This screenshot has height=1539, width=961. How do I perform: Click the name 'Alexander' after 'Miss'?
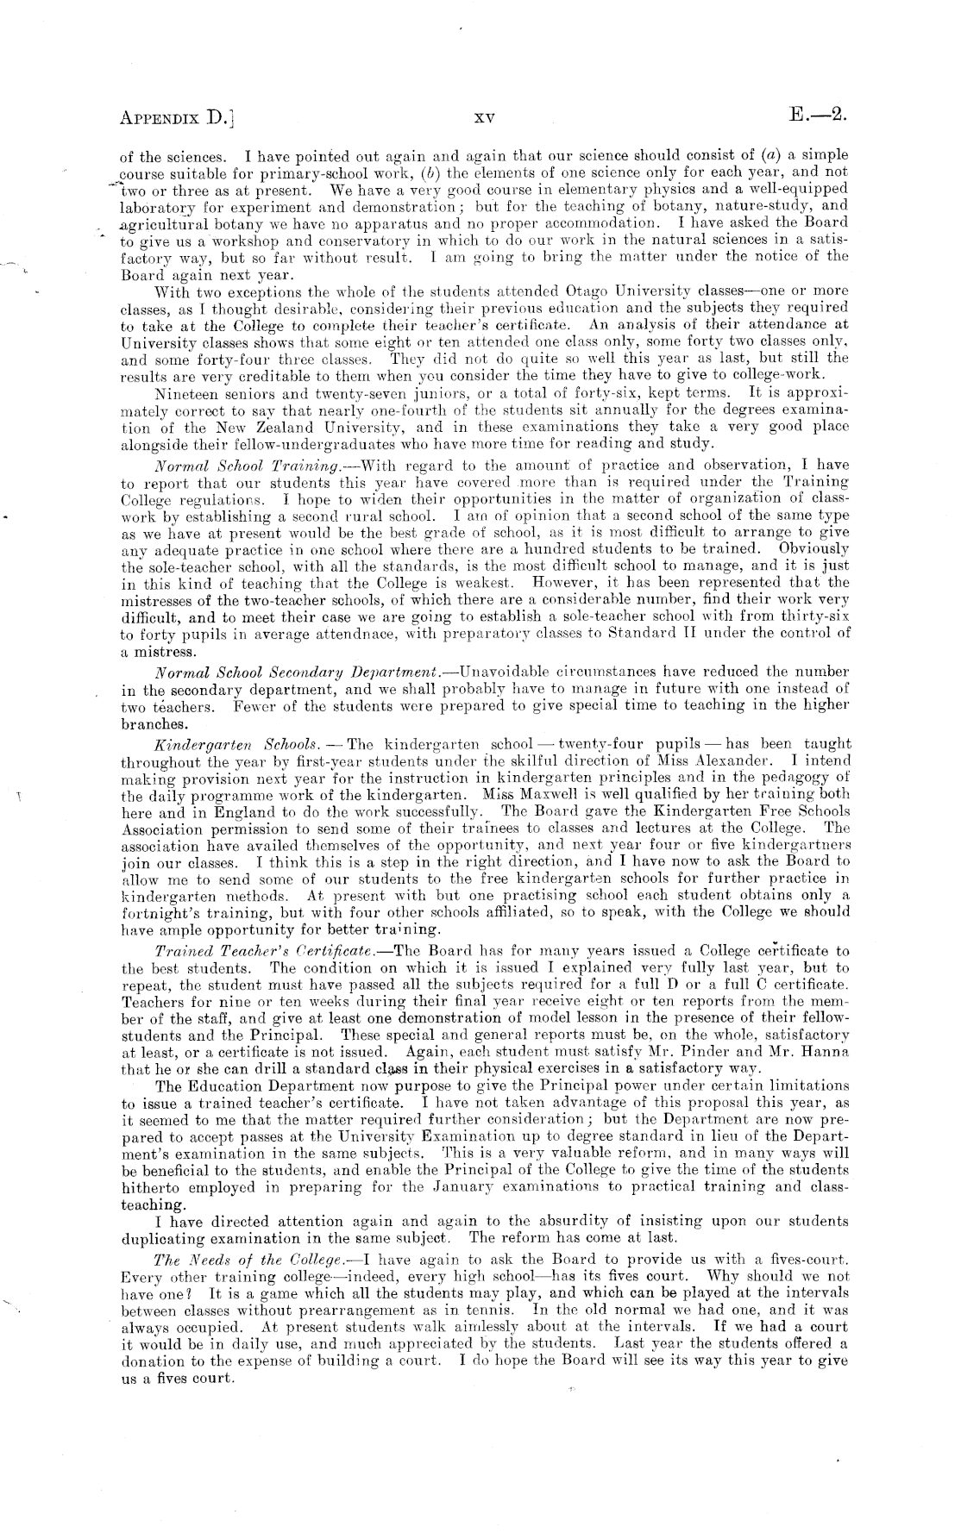pyautogui.click(x=725, y=760)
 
